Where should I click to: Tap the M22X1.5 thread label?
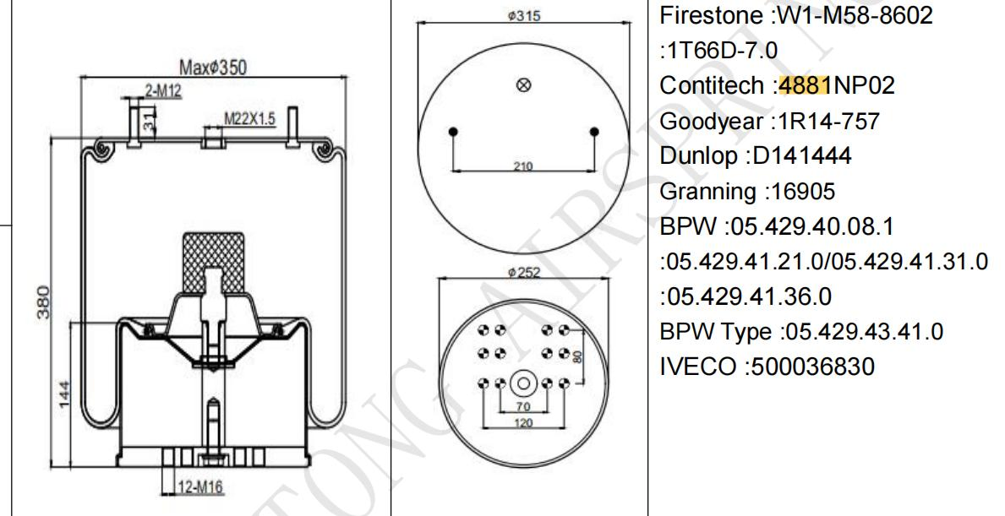point(249,119)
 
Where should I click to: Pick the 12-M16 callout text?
point(195,487)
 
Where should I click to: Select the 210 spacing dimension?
point(523,166)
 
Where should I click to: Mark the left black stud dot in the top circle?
point(454,132)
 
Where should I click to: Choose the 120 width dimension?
point(523,422)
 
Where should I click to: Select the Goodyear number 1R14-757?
point(825,121)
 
